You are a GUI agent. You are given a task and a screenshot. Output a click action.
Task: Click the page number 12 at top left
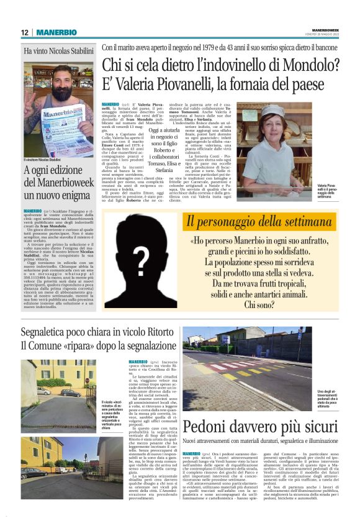25,32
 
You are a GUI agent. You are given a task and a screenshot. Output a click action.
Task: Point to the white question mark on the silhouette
141,261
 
